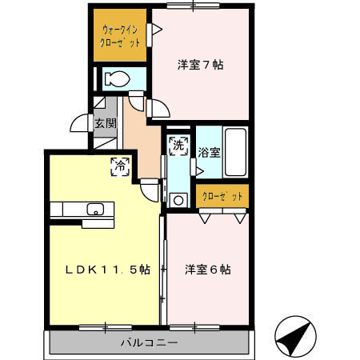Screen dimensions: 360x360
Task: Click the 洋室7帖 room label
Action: (x=200, y=65)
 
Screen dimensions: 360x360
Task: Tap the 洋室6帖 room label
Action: (x=208, y=270)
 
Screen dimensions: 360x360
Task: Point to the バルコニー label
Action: (x=150, y=342)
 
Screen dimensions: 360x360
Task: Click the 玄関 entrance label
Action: (x=105, y=123)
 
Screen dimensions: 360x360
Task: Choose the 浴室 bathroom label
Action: (x=209, y=149)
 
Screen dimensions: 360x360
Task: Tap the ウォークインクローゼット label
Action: (x=121, y=36)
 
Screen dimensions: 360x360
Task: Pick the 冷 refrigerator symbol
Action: (x=119, y=166)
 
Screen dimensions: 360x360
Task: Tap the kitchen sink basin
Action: (x=95, y=210)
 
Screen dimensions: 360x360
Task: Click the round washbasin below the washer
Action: (x=178, y=201)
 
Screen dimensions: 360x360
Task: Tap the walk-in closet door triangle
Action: (x=158, y=30)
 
